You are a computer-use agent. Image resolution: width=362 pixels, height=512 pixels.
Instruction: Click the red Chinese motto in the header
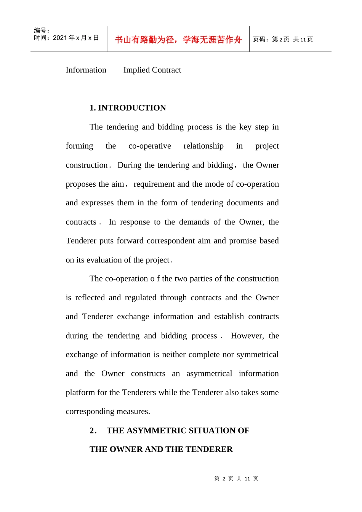click(178, 40)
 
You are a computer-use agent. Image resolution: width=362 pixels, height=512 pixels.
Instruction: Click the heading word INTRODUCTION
click(132, 108)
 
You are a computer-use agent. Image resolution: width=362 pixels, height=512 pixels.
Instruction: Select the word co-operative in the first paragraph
click(149, 146)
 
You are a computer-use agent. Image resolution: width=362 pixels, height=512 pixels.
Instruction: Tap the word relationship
click(203, 146)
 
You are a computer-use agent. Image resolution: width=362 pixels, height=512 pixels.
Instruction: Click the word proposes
click(81, 184)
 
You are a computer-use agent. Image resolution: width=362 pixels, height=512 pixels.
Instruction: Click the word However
click(247, 336)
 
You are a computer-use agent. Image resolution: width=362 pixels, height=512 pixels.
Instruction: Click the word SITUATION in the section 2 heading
click(211, 430)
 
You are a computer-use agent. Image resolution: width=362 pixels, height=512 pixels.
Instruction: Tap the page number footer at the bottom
click(236, 478)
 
